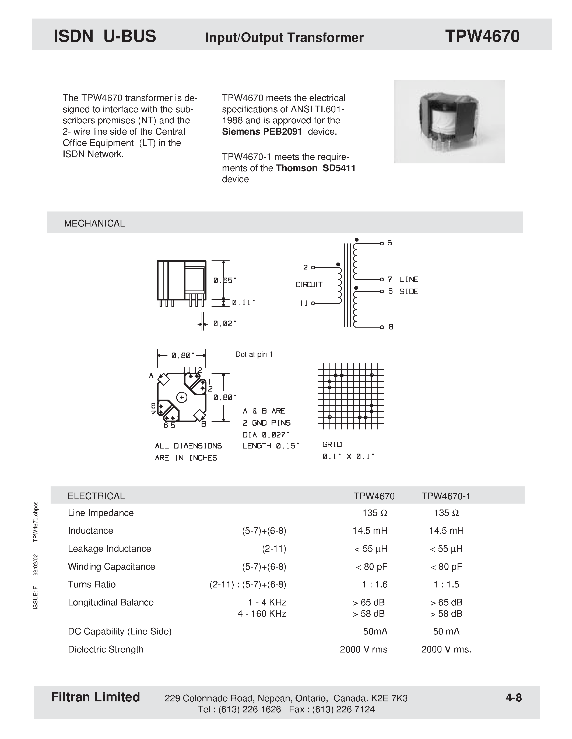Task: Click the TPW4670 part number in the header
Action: click(482, 36)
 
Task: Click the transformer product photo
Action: click(449, 121)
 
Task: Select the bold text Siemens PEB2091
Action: click(262, 132)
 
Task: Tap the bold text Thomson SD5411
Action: click(315, 168)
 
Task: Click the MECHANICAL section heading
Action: click(94, 223)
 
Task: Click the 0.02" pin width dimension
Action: click(224, 324)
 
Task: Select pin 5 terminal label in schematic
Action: click(390, 243)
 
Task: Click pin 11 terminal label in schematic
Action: click(304, 303)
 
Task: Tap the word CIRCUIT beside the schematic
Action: click(309, 285)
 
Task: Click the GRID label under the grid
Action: click(332, 445)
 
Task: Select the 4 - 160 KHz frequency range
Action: click(262, 614)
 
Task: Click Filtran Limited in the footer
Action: click(95, 697)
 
